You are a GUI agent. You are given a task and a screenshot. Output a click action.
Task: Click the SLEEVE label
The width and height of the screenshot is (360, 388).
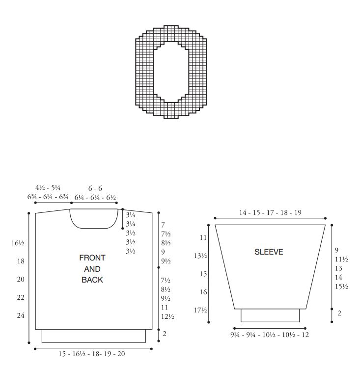tap(269, 252)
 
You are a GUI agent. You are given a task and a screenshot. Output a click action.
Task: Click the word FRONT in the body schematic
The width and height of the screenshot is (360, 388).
tap(92, 258)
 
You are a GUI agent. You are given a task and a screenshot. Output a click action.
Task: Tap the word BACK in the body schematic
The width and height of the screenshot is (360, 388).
tap(92, 280)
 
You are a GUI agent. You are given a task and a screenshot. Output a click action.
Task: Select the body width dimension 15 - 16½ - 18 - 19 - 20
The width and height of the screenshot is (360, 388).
tap(92, 354)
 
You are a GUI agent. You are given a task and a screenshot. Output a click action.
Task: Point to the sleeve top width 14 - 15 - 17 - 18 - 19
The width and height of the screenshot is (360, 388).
tap(270, 212)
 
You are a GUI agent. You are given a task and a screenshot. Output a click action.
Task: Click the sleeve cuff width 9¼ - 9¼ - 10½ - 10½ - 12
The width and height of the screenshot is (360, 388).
tap(270, 335)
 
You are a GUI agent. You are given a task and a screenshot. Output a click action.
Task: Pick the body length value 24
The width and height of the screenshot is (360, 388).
tap(21, 315)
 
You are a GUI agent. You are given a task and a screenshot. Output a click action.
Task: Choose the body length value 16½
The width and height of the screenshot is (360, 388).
tap(18, 243)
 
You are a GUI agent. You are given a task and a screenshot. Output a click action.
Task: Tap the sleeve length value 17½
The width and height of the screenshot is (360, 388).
tap(200, 310)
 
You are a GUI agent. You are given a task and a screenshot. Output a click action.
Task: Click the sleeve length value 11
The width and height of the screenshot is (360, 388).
tap(203, 237)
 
